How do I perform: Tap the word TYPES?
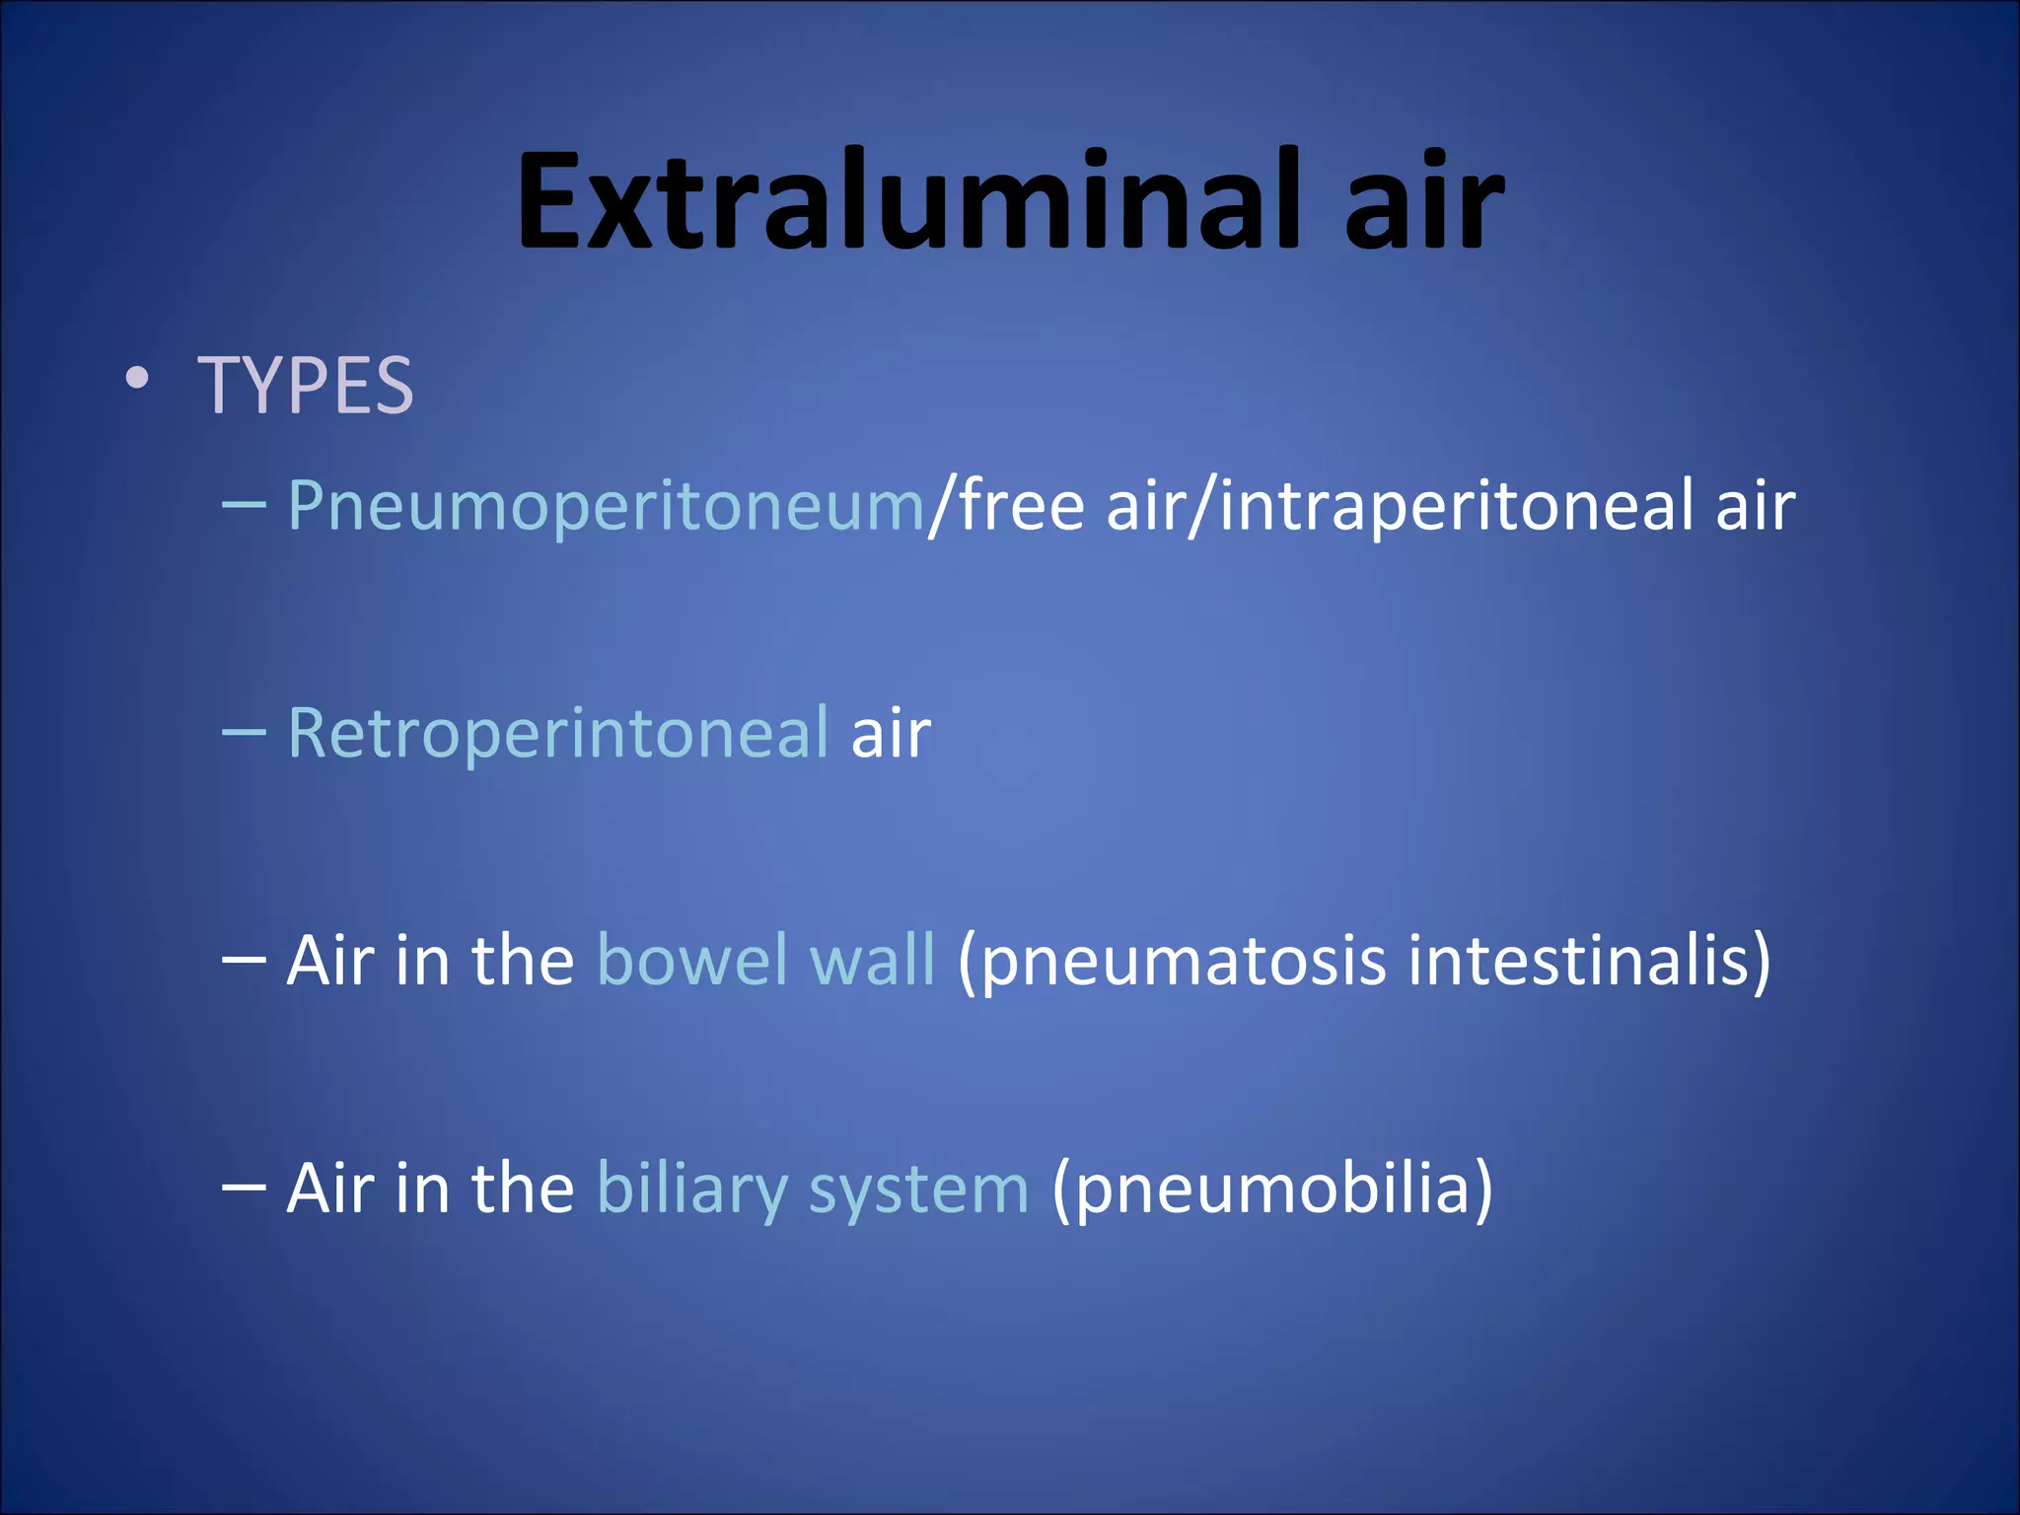(x=306, y=386)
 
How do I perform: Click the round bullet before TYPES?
(x=137, y=379)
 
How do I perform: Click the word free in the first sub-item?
(x=1022, y=505)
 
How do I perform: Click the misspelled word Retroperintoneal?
(x=558, y=734)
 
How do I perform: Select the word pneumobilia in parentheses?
(x=1272, y=1190)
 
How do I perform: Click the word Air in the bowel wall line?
(x=331, y=961)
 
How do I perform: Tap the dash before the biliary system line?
(x=244, y=1190)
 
